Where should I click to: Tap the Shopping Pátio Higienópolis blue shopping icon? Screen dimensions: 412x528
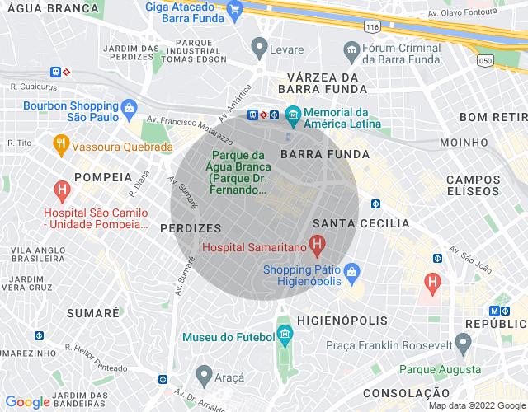[351, 270]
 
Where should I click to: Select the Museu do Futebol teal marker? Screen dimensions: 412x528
[285, 335]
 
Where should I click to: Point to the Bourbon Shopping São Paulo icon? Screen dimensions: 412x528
[129, 107]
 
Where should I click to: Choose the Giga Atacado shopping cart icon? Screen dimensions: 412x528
[234, 9]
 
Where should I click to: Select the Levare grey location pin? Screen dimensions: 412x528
[260, 46]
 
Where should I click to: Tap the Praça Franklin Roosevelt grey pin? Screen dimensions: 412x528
[463, 342]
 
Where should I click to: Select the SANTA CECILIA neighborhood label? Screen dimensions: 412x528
[361, 223]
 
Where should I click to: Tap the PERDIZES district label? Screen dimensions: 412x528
[191, 227]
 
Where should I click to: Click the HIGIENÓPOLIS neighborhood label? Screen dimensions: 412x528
[342, 320]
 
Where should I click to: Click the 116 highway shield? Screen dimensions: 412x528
[373, 27]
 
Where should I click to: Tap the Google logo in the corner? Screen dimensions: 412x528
[27, 402]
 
